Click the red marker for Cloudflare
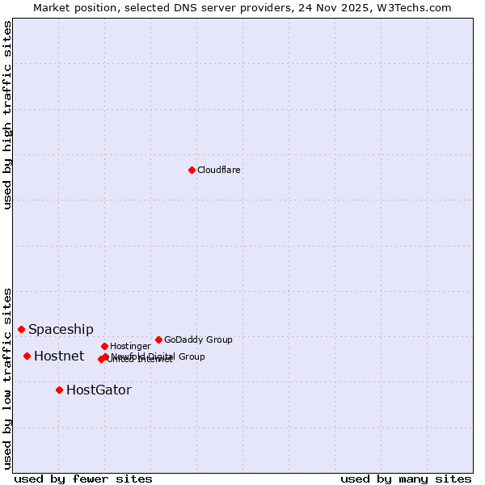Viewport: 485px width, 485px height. pyautogui.click(x=192, y=170)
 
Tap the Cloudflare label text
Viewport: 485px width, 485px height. pyautogui.click(x=218, y=170)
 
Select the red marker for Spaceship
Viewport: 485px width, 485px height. pyautogui.click(x=21, y=329)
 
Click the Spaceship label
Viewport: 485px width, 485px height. pyautogui.click(x=61, y=329)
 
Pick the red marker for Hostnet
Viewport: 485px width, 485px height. pyautogui.click(x=27, y=356)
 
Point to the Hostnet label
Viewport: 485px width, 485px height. pyautogui.click(x=59, y=356)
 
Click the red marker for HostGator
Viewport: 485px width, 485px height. pyautogui.click(x=59, y=390)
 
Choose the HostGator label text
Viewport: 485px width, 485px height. pyautogui.click(x=99, y=390)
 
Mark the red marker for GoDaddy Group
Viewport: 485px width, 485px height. pyautogui.click(x=158, y=339)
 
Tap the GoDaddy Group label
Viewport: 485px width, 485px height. pyautogui.click(x=198, y=339)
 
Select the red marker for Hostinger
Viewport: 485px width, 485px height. pyautogui.click(x=104, y=346)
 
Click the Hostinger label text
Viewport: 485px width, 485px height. pyautogui.click(x=130, y=346)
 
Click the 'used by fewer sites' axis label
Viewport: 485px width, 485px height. pyautogui.click(x=83, y=479)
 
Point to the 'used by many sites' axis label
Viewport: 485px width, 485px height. pyautogui.click(x=406, y=479)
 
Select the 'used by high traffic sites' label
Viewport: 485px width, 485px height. pyautogui.click(x=7, y=115)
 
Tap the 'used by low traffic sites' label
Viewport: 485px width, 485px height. pyautogui.click(x=7, y=378)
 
